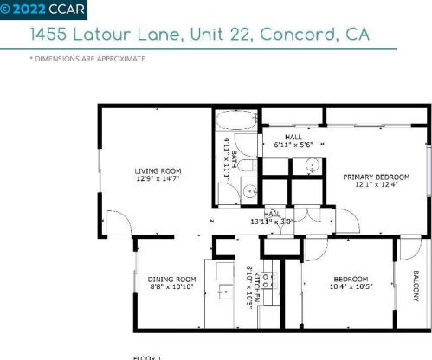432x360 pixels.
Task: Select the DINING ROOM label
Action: pos(171,279)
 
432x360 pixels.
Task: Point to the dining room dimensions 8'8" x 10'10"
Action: pos(171,287)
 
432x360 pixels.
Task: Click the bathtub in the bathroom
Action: pos(231,122)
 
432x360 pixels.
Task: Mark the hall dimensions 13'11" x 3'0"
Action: pos(272,222)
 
